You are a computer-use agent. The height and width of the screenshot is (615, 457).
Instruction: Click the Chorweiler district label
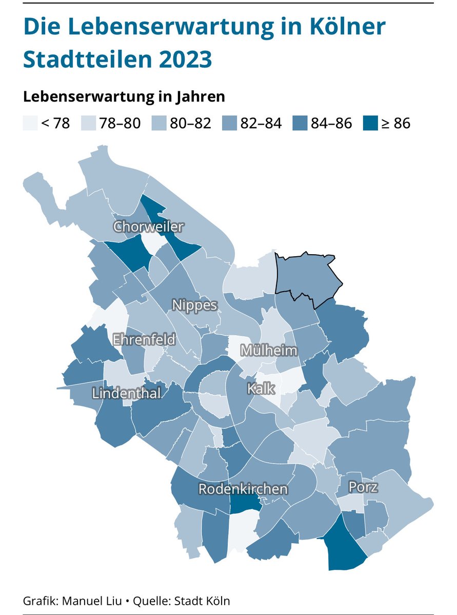click(149, 227)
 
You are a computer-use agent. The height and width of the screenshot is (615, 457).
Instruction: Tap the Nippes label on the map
click(195, 305)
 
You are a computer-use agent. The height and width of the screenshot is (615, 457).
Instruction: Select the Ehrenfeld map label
click(144, 339)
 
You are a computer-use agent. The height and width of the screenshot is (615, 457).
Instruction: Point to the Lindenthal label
click(127, 393)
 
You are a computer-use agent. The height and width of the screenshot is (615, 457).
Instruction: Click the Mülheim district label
click(269, 351)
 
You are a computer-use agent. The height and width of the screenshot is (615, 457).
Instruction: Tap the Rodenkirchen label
click(243, 489)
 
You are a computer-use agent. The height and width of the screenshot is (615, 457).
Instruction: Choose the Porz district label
click(363, 487)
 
